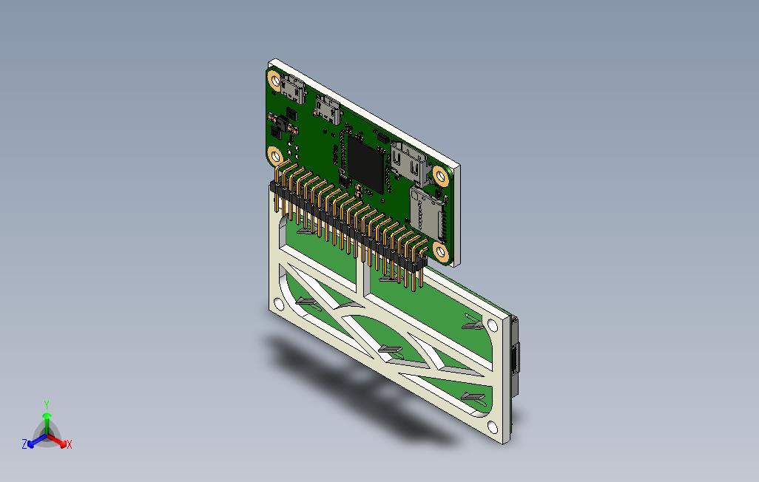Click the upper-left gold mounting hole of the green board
(x=275, y=80)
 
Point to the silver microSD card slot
(x=428, y=214)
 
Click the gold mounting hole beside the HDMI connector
(x=440, y=176)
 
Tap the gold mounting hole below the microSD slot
(x=440, y=251)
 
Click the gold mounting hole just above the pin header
(x=275, y=155)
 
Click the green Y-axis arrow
(x=47, y=422)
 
